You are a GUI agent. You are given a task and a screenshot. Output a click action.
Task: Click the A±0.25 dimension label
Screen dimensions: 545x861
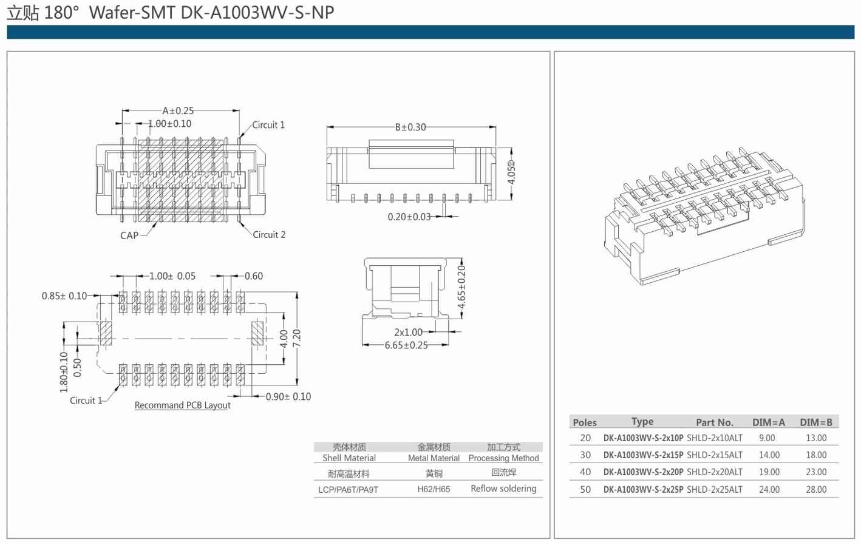[178, 110]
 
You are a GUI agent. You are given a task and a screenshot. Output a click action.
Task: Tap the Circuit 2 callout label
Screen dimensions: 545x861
[269, 234]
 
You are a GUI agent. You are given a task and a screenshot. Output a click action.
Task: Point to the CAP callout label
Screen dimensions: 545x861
[129, 235]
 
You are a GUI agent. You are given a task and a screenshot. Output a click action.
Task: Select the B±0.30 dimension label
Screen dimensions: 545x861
[410, 127]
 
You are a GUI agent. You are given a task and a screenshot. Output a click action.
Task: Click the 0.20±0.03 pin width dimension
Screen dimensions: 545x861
[409, 217]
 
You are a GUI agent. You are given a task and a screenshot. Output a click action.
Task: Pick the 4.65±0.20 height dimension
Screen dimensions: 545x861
[461, 287]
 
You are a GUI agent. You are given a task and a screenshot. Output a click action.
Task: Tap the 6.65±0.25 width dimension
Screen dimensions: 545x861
[406, 345]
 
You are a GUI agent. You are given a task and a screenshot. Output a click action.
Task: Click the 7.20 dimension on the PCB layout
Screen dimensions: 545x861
[297, 339]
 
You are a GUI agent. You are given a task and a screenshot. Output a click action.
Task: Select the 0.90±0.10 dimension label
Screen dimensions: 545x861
[288, 396]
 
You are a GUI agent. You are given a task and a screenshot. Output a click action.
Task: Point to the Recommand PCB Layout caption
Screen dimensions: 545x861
[182, 405]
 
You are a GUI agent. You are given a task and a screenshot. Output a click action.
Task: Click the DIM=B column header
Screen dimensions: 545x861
[816, 422]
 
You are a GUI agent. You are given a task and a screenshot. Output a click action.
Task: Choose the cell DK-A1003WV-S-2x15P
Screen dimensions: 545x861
[643, 455]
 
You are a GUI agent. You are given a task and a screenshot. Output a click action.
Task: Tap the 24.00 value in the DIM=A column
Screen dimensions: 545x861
[769, 489]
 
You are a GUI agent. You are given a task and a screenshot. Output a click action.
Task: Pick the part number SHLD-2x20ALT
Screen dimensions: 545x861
[715, 472]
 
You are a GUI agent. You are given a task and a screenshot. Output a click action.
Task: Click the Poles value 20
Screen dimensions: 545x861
[585, 438]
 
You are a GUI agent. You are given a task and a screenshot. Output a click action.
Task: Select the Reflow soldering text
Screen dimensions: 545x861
[503, 489]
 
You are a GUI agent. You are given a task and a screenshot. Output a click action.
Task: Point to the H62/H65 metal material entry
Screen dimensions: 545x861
[434, 489]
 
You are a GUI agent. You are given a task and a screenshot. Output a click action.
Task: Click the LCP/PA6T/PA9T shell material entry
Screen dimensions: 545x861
[349, 489]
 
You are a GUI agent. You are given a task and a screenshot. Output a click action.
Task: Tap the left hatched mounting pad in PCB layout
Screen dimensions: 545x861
[106, 333]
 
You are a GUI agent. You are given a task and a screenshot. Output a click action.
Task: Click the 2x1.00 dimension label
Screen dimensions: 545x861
[408, 332]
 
